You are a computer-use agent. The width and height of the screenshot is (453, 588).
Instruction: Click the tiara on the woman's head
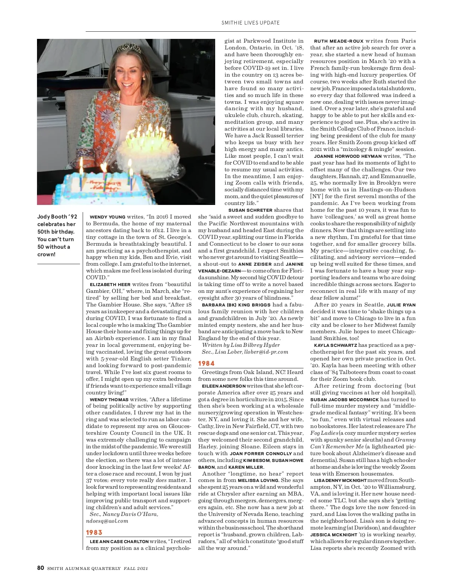125,48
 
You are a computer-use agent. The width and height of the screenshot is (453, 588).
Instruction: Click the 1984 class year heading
206,363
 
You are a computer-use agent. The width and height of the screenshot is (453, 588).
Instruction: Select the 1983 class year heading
94,533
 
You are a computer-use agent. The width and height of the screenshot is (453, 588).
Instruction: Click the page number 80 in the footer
41,568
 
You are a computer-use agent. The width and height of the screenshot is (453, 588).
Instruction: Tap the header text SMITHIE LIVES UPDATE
251,23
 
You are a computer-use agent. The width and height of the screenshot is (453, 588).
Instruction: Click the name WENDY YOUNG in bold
108,217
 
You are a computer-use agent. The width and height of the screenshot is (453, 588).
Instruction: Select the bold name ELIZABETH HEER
110,285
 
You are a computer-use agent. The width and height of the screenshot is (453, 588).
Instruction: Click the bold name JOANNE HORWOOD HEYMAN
348,156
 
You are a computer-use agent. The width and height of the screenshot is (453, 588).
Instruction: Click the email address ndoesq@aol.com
107,521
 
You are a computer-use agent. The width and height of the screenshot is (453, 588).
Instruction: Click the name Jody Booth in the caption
52,217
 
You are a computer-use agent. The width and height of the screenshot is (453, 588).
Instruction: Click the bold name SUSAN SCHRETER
250,210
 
